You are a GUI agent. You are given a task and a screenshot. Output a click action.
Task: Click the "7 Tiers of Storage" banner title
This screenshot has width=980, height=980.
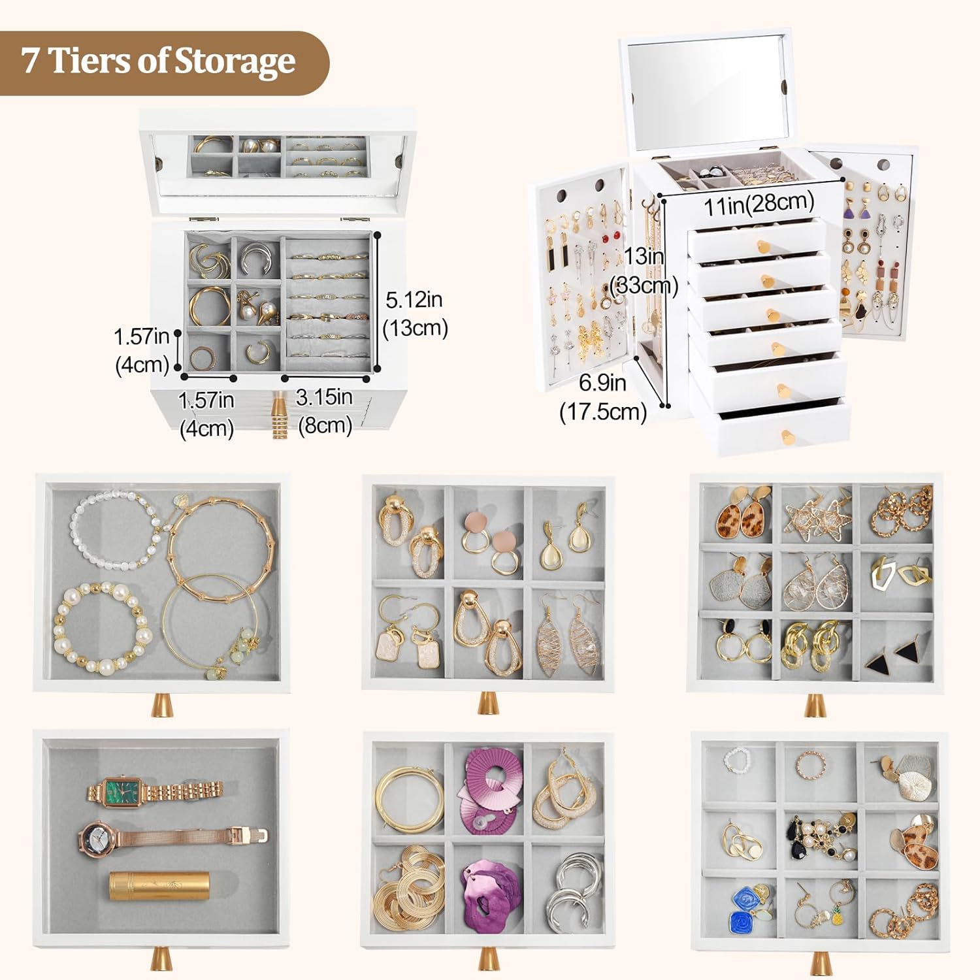[158, 61]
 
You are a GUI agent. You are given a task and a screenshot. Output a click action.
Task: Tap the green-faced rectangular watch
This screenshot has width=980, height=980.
[155, 792]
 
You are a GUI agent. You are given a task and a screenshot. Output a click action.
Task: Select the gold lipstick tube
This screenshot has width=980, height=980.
[154, 885]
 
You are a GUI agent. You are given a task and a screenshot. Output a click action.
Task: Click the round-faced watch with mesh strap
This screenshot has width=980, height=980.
[173, 837]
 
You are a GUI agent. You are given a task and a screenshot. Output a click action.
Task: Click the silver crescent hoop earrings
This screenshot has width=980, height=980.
[575, 888]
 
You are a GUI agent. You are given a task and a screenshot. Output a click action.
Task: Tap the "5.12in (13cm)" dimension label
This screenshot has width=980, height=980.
[415, 314]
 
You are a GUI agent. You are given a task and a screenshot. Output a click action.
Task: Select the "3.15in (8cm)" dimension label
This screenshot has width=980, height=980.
[325, 411]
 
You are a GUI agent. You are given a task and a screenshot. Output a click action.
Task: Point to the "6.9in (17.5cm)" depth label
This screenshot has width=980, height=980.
[603, 397]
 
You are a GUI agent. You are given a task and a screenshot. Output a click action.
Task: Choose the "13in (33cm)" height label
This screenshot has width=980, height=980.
[644, 270]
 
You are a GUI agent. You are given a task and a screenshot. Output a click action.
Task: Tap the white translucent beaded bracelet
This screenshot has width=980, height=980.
[115, 531]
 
